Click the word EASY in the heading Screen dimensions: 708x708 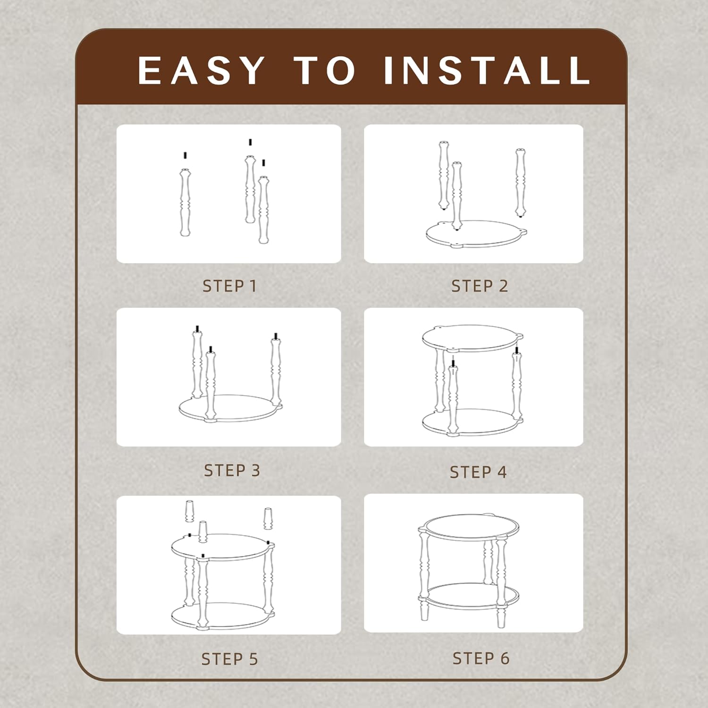(x=201, y=70)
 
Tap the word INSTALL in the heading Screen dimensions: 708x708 (x=487, y=70)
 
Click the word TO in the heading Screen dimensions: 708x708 (x=324, y=70)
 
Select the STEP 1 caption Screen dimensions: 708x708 (x=229, y=286)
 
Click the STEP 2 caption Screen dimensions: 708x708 (x=480, y=286)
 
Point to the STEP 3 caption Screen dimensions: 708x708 (x=232, y=471)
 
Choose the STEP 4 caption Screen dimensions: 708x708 (x=478, y=472)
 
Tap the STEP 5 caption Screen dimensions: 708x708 (x=230, y=659)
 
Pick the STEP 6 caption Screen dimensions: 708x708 (x=481, y=658)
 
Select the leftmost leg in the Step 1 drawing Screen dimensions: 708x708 (x=185, y=202)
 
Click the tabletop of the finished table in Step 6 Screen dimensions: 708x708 (x=469, y=527)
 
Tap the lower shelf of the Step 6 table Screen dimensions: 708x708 (x=469, y=596)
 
